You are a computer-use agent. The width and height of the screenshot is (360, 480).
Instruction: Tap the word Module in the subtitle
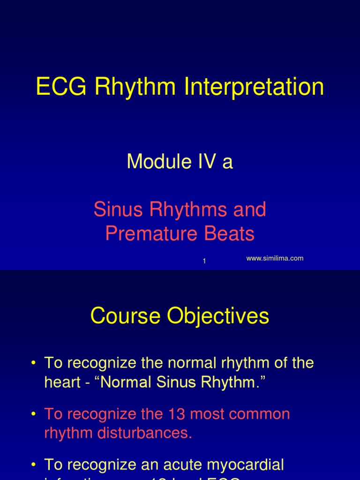pyautogui.click(x=155, y=162)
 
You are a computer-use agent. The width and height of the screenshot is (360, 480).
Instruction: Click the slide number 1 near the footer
pyautogui.click(x=204, y=262)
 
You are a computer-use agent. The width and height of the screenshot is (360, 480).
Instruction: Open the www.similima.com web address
pyautogui.click(x=275, y=258)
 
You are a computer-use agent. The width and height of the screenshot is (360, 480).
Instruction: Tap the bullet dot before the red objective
pyautogui.click(x=34, y=414)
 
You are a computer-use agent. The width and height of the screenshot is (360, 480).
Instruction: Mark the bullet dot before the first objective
pyautogui.click(x=34, y=363)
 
